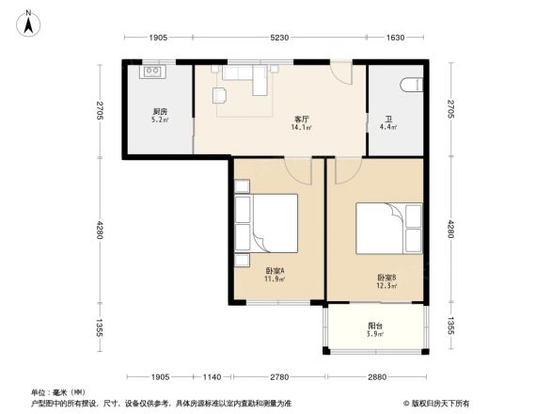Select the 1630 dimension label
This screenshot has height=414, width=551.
[395, 38]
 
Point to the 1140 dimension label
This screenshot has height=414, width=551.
[212, 376]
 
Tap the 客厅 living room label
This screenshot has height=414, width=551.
[302, 119]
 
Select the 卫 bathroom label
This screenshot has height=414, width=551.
[387, 119]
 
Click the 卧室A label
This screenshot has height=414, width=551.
[275, 270]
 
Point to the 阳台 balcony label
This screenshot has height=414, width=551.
[375, 326]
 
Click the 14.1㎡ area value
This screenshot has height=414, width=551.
[302, 129]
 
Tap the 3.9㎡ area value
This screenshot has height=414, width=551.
[375, 335]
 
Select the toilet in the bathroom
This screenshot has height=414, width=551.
[410, 86]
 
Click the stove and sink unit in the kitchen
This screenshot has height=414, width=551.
[152, 71]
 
